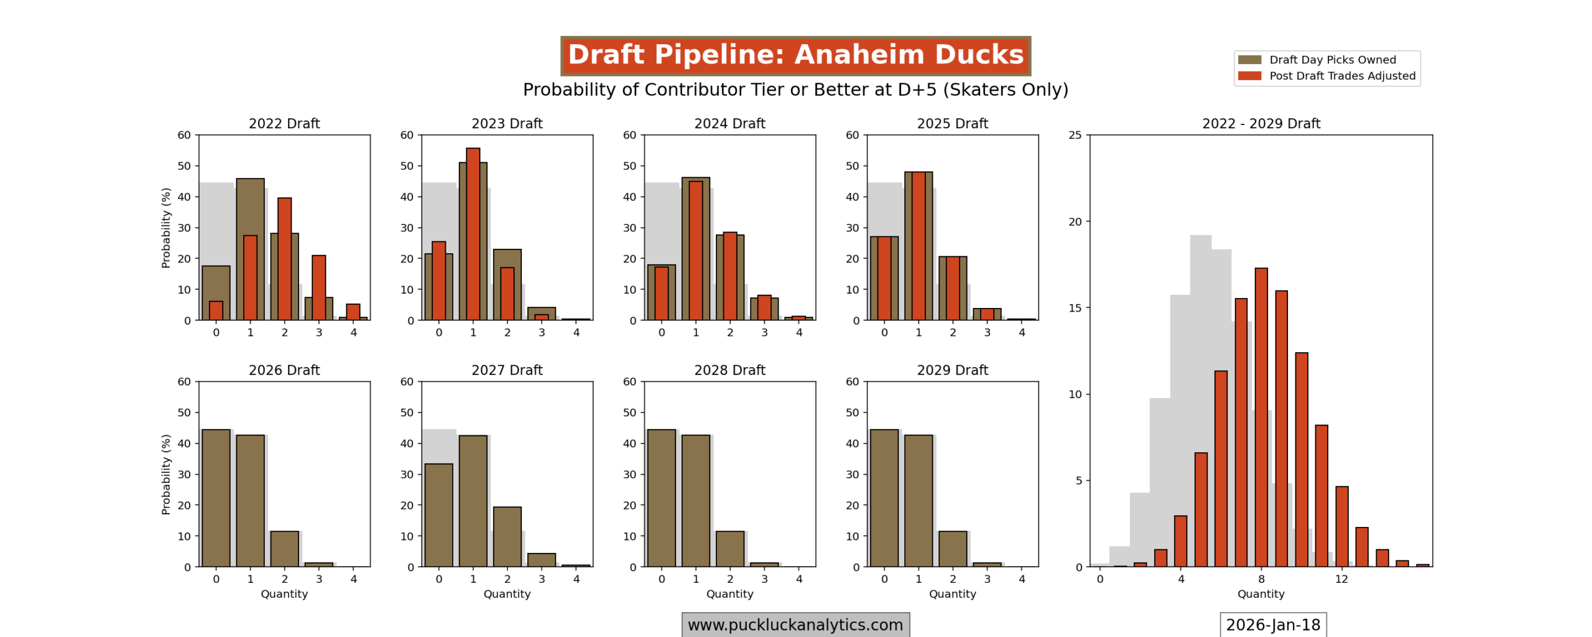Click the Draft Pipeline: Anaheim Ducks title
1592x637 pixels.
[795, 55]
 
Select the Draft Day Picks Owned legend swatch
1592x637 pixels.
[1249, 60]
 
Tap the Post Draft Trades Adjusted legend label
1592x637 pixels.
[1342, 76]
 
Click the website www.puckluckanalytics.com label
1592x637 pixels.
[795, 625]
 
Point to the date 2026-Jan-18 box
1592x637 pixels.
[1272, 625]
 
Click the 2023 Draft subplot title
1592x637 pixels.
[507, 123]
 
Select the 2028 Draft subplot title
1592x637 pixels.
[729, 370]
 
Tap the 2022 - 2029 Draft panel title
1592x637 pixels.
[1261, 123]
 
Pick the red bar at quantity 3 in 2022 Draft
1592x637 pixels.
[318, 287]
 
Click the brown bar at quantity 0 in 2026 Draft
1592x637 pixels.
[216, 498]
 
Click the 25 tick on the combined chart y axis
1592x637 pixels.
[1075, 135]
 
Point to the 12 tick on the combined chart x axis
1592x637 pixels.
[1341, 579]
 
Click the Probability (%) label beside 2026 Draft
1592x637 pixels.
[165, 474]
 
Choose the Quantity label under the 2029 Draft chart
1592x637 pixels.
[952, 594]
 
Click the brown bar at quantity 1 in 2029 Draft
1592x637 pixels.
[918, 501]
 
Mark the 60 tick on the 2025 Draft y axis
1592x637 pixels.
[852, 135]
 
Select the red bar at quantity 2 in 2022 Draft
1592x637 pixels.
[284, 259]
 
